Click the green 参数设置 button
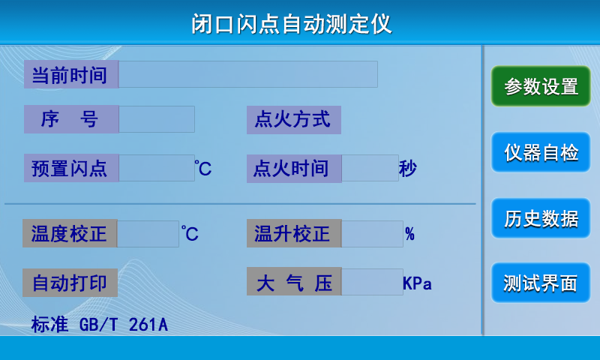pyautogui.click(x=541, y=86)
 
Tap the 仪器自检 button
pyautogui.click(x=541, y=152)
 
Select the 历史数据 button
pyautogui.click(x=541, y=218)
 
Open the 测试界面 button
pyautogui.click(x=541, y=283)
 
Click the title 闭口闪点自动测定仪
pyautogui.click(x=292, y=24)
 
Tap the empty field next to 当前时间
pyautogui.click(x=248, y=74)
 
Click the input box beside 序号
pyautogui.click(x=157, y=119)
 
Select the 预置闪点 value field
pyautogui.click(x=157, y=168)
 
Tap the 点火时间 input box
pyautogui.click(x=370, y=168)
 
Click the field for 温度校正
pyautogui.click(x=148, y=233)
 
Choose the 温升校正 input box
pyautogui.click(x=372, y=233)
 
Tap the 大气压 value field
pyautogui.click(x=372, y=282)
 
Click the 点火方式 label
pyautogui.click(x=294, y=120)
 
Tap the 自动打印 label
pyautogui.click(x=70, y=283)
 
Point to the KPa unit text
pyautogui.click(x=418, y=283)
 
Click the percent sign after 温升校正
pyautogui.click(x=409, y=234)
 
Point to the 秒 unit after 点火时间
pyautogui.click(x=407, y=168)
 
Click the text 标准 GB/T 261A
pyautogui.click(x=100, y=325)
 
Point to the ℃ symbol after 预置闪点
pyautogui.click(x=202, y=168)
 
